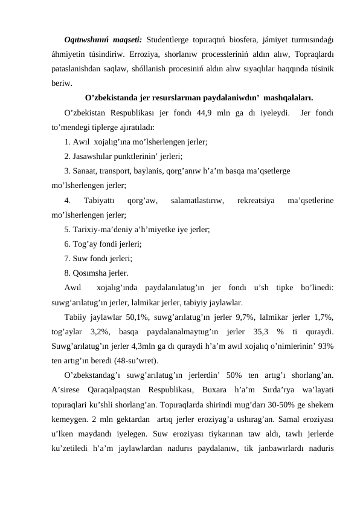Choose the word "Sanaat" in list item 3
click(x=84, y=170)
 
